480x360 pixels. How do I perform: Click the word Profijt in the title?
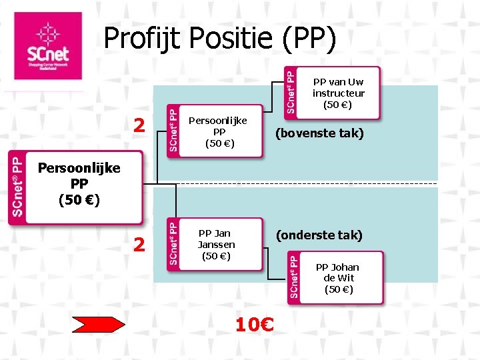[143, 39]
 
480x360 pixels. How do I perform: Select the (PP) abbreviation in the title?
[309, 39]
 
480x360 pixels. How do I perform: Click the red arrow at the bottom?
[98, 325]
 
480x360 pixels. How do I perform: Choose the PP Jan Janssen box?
[216, 244]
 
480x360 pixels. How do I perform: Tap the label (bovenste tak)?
[320, 134]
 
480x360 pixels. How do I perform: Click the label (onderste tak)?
[320, 235]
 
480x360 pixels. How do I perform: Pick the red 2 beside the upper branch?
[139, 125]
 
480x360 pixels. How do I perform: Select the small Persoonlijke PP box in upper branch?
[217, 131]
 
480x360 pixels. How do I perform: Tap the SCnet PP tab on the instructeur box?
[291, 89]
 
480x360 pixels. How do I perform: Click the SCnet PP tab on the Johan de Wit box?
[294, 278]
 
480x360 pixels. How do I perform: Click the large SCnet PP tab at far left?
[17, 186]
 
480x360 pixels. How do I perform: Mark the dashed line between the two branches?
[300, 183]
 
